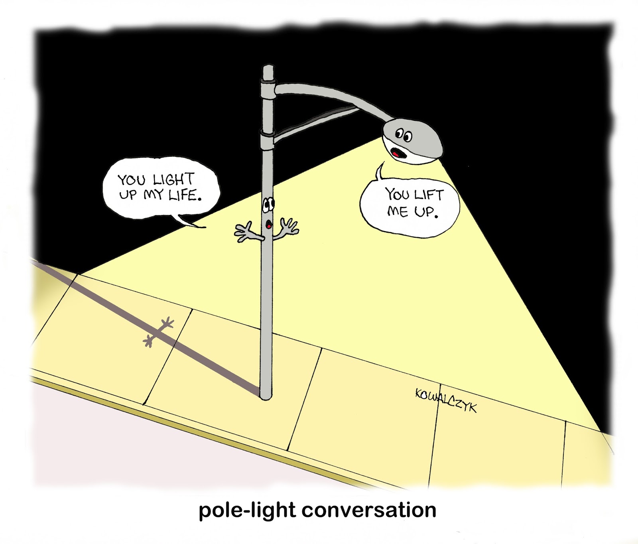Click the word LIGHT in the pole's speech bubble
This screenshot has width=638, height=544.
click(x=173, y=180)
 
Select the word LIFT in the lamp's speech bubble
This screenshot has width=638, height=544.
click(x=428, y=195)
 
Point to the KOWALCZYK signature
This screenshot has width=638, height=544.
click(x=445, y=400)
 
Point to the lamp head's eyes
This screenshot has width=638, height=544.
click(x=403, y=136)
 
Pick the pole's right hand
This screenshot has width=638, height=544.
click(x=289, y=227)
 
